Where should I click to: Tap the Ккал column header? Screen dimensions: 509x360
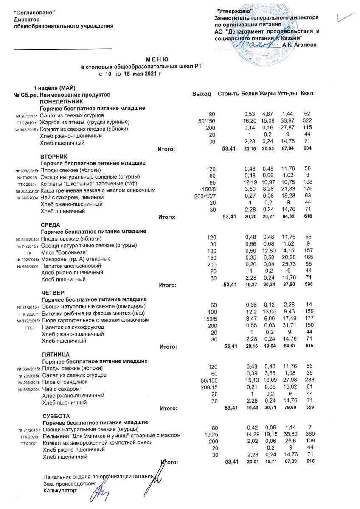[307, 93]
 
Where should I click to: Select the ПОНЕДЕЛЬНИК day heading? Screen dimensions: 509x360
[60, 102]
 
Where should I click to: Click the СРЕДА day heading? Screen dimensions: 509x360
[51, 224]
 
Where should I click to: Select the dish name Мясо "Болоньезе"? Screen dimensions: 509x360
[64, 252]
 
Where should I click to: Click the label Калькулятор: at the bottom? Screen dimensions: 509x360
[61, 491]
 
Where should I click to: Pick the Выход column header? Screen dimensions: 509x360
[202, 93]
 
